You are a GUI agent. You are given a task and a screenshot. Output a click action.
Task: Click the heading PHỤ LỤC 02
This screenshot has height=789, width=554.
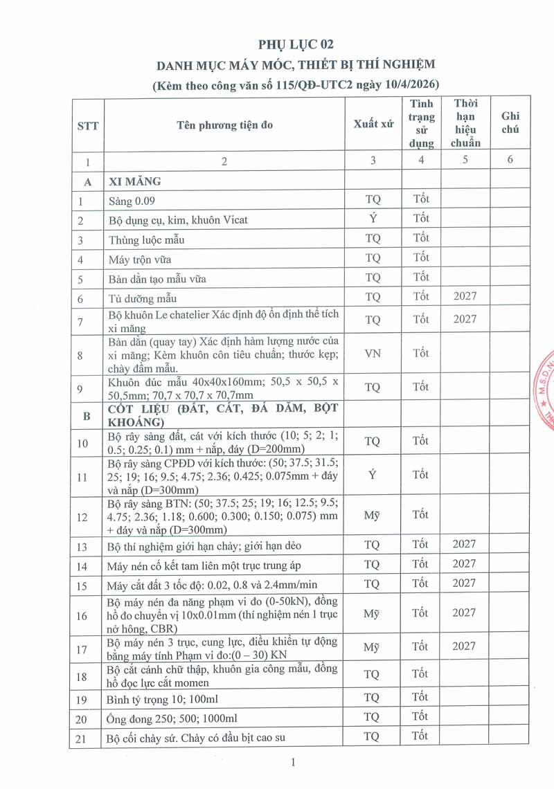pyautogui.click(x=296, y=44)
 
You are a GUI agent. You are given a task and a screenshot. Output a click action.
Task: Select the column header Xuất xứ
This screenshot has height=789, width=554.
pyautogui.click(x=373, y=124)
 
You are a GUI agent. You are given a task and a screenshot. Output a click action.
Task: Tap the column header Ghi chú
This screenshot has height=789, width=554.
pyautogui.click(x=510, y=123)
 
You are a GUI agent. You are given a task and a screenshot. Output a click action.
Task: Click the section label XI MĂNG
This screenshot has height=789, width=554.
pyautogui.click(x=134, y=181)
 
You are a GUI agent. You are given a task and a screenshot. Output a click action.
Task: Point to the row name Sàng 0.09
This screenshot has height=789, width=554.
pyautogui.click(x=132, y=201)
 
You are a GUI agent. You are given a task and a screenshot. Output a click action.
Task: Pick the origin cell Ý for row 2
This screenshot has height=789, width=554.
pyautogui.click(x=373, y=219)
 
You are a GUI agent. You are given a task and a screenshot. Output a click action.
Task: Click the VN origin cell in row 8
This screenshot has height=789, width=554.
pyautogui.click(x=373, y=354)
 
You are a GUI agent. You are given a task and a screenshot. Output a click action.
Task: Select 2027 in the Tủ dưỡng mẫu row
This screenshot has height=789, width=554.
pyautogui.click(x=465, y=297)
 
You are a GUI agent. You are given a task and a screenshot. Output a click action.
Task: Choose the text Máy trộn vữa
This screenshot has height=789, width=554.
pyautogui.click(x=140, y=260)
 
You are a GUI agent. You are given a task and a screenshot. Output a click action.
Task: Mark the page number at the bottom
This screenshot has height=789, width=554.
pyautogui.click(x=294, y=763)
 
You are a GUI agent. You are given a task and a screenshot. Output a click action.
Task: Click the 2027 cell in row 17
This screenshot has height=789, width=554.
pyautogui.click(x=465, y=646)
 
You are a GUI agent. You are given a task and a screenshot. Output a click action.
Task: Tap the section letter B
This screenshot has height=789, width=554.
pyautogui.click(x=87, y=416)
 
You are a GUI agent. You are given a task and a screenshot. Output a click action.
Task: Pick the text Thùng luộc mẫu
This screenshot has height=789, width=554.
pyautogui.click(x=146, y=240)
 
